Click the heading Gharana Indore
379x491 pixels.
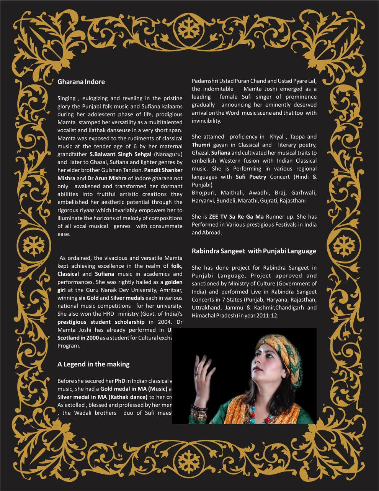point(81,82)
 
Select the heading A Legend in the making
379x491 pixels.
point(93,364)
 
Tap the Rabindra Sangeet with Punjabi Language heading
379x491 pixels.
point(254,251)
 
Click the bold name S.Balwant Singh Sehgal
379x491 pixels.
point(121,154)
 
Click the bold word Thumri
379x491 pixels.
point(201,145)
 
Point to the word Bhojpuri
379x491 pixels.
point(204,193)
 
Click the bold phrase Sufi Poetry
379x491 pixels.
point(251,177)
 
